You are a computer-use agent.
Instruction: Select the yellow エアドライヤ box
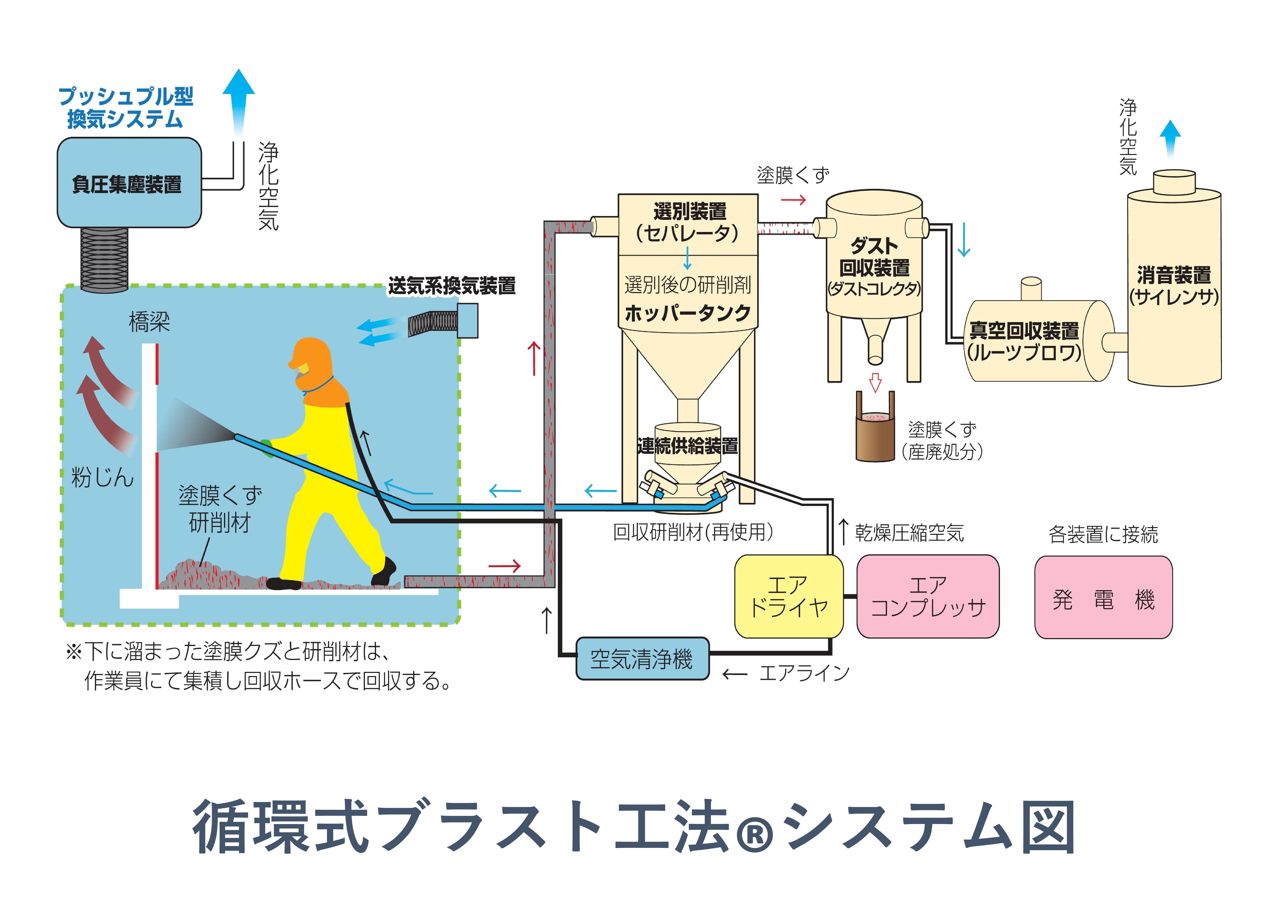(789, 596)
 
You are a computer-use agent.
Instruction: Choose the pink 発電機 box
(1103, 597)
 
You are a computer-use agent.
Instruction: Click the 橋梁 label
(149, 322)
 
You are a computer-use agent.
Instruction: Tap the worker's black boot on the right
(384, 572)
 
